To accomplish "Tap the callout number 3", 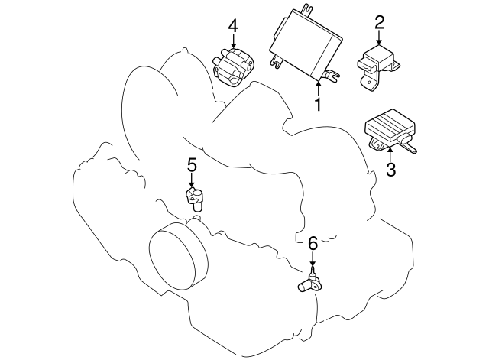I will (390, 169).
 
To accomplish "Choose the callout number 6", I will (312, 245).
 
